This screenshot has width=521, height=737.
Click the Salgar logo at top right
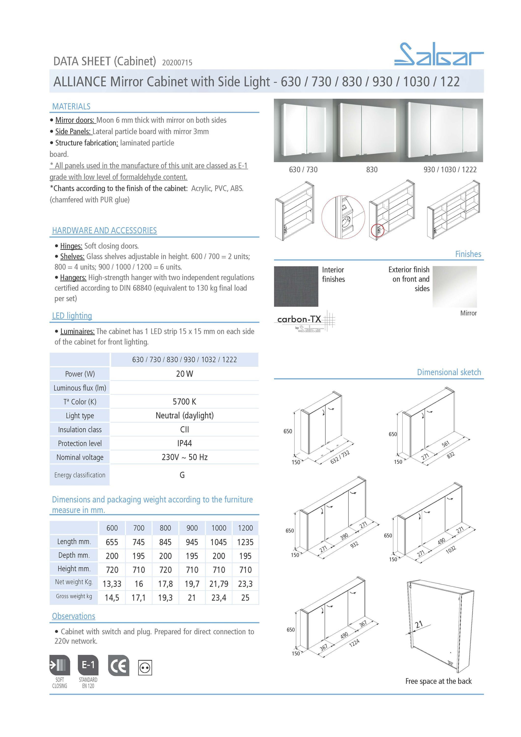click(x=438, y=54)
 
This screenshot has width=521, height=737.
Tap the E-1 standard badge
click(x=88, y=665)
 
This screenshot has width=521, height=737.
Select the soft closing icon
click(x=59, y=665)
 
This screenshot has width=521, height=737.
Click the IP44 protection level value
click(x=184, y=443)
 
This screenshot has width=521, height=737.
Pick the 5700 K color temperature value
click(x=184, y=402)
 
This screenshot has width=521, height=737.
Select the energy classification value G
click(x=182, y=475)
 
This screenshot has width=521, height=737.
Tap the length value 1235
click(x=245, y=542)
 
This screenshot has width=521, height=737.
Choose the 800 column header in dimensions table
click(x=165, y=528)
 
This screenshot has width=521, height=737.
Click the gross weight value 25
click(x=245, y=598)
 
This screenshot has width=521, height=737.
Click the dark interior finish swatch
click(x=296, y=286)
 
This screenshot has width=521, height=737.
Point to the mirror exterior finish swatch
click(x=454, y=287)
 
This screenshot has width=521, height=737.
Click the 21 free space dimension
click(x=419, y=624)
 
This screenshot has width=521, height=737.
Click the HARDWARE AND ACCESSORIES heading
click(x=104, y=230)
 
